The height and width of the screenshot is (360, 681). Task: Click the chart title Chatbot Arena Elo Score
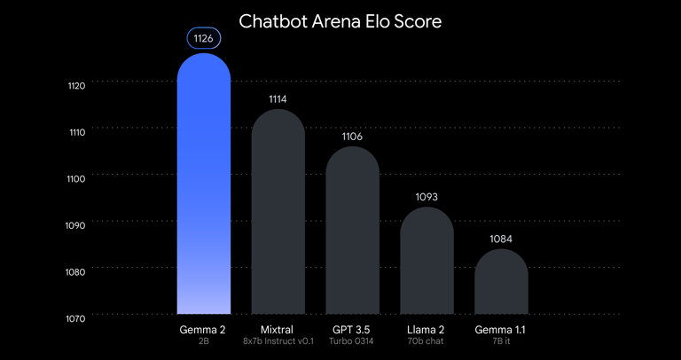click(340, 20)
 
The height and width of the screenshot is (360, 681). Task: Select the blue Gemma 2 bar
click(204, 186)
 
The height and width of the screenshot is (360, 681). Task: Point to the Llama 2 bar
click(427, 262)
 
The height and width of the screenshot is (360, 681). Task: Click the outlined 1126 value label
click(204, 38)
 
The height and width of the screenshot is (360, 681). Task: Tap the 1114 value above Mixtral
click(278, 99)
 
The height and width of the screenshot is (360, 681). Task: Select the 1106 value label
click(353, 137)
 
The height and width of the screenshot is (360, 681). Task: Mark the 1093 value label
click(427, 197)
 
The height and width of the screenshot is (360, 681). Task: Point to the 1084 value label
click(501, 239)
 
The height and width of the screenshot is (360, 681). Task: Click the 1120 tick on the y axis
click(76, 85)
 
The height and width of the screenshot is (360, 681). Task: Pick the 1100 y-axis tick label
click(76, 178)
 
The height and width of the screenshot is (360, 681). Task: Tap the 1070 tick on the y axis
click(76, 317)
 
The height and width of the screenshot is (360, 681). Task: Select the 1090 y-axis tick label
click(76, 225)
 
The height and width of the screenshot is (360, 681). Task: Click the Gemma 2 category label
click(204, 329)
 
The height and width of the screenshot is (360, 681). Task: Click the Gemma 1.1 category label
click(501, 329)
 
